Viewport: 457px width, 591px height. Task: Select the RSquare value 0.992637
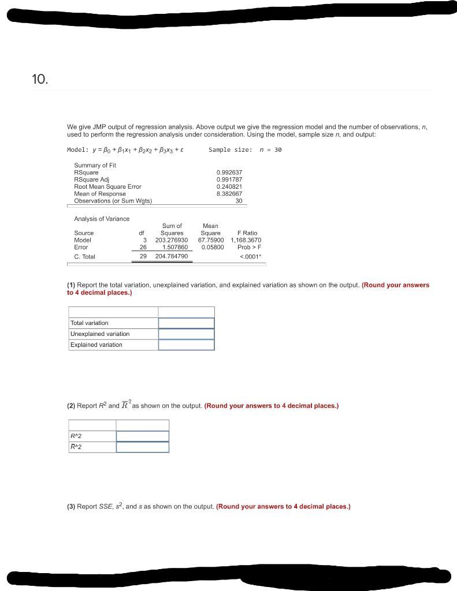[x=229, y=173]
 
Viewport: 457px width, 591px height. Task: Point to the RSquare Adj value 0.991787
[x=229, y=179]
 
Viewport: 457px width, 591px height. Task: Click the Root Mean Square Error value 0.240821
[x=229, y=186]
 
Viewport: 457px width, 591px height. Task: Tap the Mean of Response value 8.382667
[x=229, y=194]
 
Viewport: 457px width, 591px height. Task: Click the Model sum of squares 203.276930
[x=172, y=240]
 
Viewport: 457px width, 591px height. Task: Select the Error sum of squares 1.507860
[x=175, y=247]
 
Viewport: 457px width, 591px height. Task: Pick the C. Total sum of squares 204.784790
[x=172, y=256]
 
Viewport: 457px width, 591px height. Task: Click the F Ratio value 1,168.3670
[x=246, y=240]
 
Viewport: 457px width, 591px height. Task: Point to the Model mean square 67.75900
[x=211, y=240]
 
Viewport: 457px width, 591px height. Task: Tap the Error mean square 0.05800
[x=213, y=247]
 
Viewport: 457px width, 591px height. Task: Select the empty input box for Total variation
[x=186, y=323]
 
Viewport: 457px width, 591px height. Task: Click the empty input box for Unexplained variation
[x=186, y=334]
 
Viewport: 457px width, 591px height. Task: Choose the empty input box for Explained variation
[x=186, y=345]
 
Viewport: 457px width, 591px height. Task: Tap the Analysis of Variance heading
[x=102, y=219]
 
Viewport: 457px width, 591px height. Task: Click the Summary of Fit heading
[x=95, y=166]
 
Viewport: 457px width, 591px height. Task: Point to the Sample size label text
[x=230, y=150]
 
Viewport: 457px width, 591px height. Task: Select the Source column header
[x=84, y=233]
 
